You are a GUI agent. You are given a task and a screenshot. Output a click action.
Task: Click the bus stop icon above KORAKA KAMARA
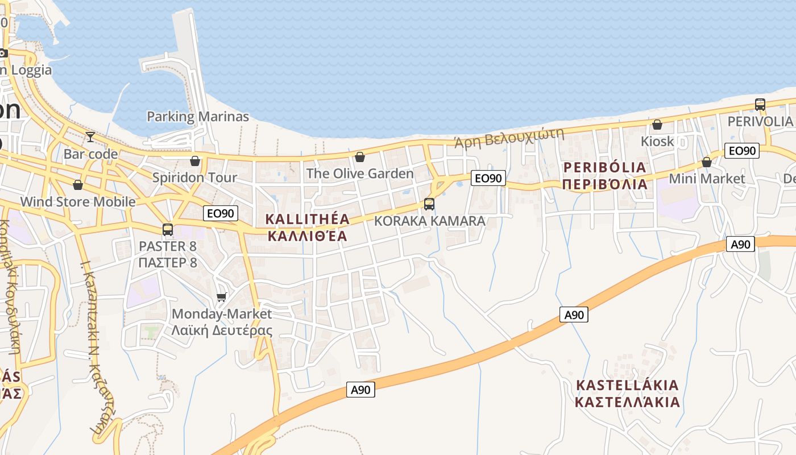(x=429, y=204)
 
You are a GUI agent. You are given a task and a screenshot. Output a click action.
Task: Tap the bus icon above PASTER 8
(x=168, y=230)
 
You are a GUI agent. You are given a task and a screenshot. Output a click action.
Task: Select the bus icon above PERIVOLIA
(x=760, y=105)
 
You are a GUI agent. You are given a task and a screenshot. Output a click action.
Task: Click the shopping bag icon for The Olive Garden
(x=360, y=157)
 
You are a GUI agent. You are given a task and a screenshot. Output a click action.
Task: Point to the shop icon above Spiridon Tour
(x=195, y=161)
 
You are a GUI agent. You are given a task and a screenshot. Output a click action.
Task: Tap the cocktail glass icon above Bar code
(x=90, y=137)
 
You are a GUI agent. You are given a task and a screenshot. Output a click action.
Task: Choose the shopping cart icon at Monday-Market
(x=222, y=297)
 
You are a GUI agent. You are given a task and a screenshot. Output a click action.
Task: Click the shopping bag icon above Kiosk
(x=657, y=125)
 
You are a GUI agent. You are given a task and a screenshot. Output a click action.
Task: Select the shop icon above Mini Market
(x=707, y=162)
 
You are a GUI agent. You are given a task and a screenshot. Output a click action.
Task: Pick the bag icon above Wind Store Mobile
(x=78, y=185)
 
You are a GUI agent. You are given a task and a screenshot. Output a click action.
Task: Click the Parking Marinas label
(x=198, y=117)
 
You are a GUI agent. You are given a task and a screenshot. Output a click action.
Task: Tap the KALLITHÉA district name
(x=307, y=219)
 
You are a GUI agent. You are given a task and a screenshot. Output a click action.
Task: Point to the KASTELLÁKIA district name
(x=627, y=385)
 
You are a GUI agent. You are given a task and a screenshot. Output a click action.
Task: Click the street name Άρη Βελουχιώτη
(x=509, y=137)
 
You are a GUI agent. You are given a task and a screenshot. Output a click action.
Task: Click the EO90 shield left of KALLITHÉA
(x=221, y=213)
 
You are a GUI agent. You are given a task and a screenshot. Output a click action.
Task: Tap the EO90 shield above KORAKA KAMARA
(x=488, y=179)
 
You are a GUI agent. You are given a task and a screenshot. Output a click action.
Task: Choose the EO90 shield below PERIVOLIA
(x=742, y=151)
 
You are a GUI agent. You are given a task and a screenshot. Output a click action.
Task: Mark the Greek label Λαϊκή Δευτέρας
(x=222, y=330)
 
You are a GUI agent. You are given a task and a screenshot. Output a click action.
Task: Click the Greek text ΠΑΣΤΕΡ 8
(x=168, y=262)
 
